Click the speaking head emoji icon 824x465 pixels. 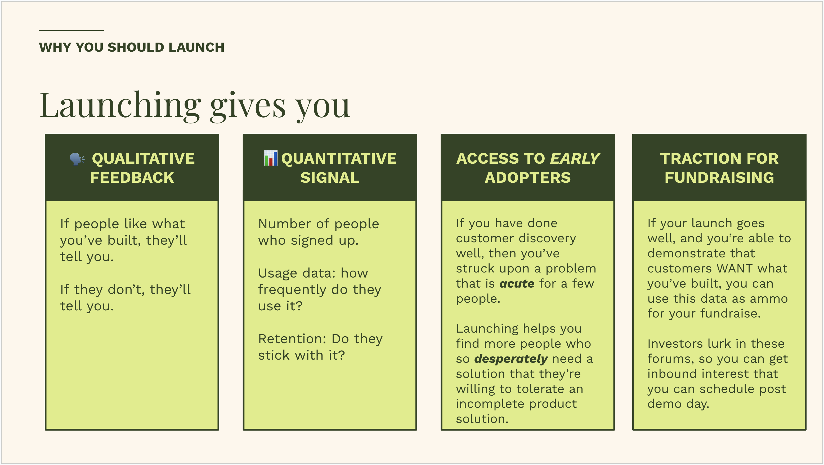tap(77, 159)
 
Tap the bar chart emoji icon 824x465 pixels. tap(271, 158)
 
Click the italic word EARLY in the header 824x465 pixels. tap(575, 159)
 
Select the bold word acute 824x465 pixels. tap(517, 284)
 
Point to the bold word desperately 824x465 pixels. tap(511, 359)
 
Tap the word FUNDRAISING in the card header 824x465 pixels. tap(719, 178)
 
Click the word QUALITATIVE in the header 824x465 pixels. tap(143, 159)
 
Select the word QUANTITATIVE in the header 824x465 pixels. tap(339, 159)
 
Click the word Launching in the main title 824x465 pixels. tap(120, 106)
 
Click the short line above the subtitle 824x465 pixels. tap(71, 30)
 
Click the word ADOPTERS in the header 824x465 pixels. tap(527, 178)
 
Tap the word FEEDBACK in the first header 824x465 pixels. tap(132, 178)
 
